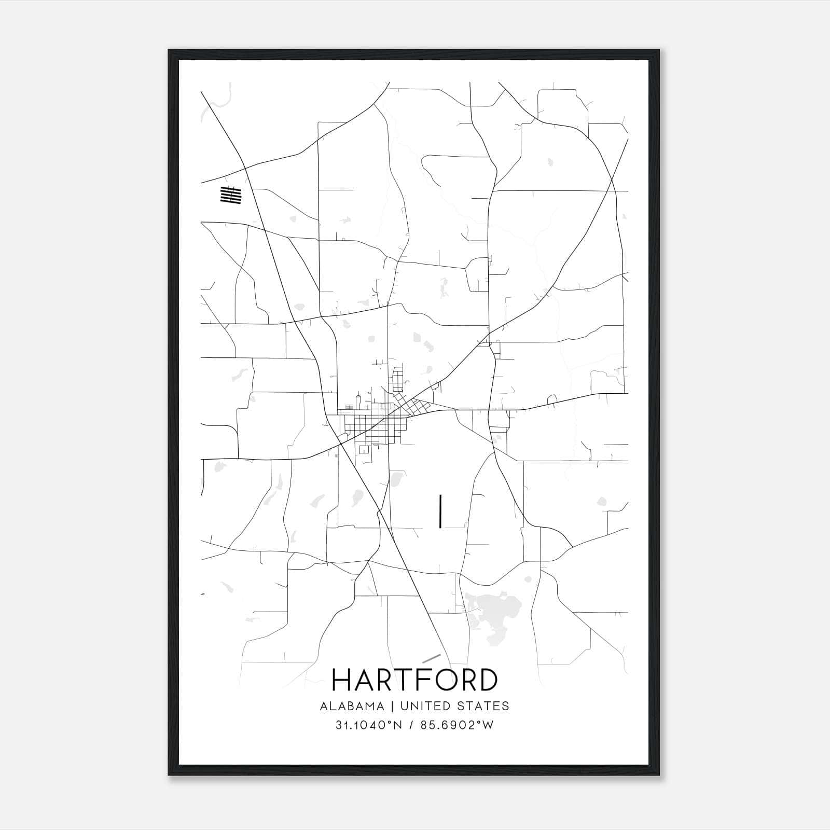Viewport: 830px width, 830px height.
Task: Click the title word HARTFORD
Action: click(x=414, y=680)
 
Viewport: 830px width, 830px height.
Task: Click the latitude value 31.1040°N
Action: click(x=369, y=725)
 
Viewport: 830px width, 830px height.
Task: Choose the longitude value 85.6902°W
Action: click(x=458, y=725)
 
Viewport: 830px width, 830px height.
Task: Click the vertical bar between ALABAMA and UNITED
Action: click(x=392, y=706)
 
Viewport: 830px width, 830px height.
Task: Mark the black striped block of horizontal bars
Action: click(x=231, y=195)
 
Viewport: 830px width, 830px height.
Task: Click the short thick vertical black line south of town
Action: click(x=440, y=511)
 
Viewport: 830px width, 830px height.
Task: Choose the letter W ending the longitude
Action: click(x=488, y=725)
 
